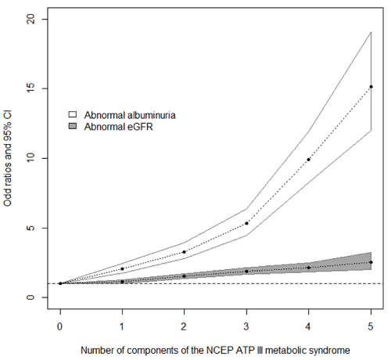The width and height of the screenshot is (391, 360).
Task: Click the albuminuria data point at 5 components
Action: click(x=371, y=87)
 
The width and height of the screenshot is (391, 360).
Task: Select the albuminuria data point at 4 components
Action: click(x=309, y=160)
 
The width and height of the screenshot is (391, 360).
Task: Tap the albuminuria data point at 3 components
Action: click(x=246, y=223)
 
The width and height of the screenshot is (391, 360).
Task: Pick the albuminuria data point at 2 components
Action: click(x=184, y=252)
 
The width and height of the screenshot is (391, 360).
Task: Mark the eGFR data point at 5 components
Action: click(x=371, y=262)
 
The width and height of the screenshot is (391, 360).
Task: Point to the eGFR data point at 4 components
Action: click(x=309, y=268)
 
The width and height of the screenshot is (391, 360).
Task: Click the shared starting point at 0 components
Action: click(x=60, y=283)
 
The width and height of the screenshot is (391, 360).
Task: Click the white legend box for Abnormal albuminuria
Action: click(x=73, y=114)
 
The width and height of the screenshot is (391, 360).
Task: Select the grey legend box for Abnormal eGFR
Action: click(x=73, y=126)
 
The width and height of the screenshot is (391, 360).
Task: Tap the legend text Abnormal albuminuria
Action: click(x=130, y=115)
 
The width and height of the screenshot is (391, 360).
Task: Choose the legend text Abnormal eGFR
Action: click(x=118, y=127)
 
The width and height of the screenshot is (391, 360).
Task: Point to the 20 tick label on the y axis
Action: click(x=31, y=19)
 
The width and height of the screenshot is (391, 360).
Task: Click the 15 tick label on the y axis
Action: click(x=31, y=88)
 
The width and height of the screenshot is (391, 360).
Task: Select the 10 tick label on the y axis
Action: click(x=31, y=158)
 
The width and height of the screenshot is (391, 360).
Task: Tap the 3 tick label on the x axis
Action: click(x=246, y=326)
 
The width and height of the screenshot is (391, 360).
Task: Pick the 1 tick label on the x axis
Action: click(x=122, y=326)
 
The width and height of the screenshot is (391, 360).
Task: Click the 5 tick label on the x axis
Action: click(x=371, y=326)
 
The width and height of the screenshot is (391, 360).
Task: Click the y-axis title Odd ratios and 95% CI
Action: click(x=8, y=159)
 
